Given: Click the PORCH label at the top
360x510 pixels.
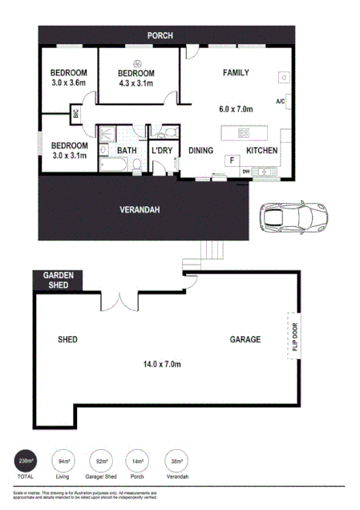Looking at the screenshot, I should (x=160, y=35).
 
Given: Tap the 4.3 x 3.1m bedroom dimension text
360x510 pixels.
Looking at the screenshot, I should (x=136, y=83).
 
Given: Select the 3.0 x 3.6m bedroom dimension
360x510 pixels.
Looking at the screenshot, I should (x=68, y=83).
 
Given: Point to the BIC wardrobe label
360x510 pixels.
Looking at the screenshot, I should (x=76, y=114).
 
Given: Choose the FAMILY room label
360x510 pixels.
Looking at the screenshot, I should (x=236, y=73).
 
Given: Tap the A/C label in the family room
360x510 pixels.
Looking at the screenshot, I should (x=281, y=102).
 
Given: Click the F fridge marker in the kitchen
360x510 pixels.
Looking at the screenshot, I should (x=232, y=161).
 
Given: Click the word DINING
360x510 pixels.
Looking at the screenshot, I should (x=200, y=151).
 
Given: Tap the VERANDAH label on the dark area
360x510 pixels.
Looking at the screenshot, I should (x=140, y=210).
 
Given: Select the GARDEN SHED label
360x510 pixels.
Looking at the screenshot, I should (x=58, y=280).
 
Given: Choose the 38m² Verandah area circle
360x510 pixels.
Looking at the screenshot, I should (x=176, y=461).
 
